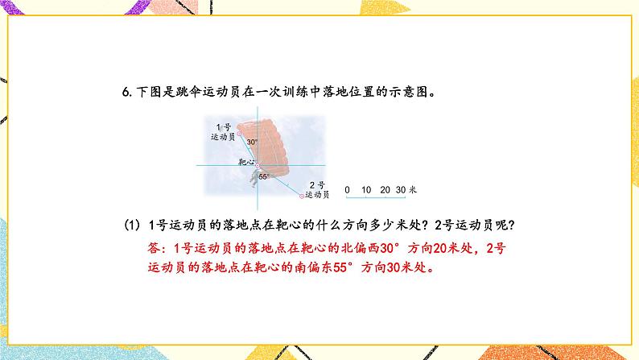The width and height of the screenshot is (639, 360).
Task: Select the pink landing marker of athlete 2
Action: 303,196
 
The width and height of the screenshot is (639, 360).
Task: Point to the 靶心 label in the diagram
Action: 247,162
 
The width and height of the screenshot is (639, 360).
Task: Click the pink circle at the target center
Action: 258,163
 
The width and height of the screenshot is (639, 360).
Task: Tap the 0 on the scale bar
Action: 347,190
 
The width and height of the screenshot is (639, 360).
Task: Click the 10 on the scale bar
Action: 366,190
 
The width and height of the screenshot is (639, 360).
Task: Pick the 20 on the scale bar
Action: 385,190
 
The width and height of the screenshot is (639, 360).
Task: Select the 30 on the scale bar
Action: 402,190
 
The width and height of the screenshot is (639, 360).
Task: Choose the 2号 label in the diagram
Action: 316,185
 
